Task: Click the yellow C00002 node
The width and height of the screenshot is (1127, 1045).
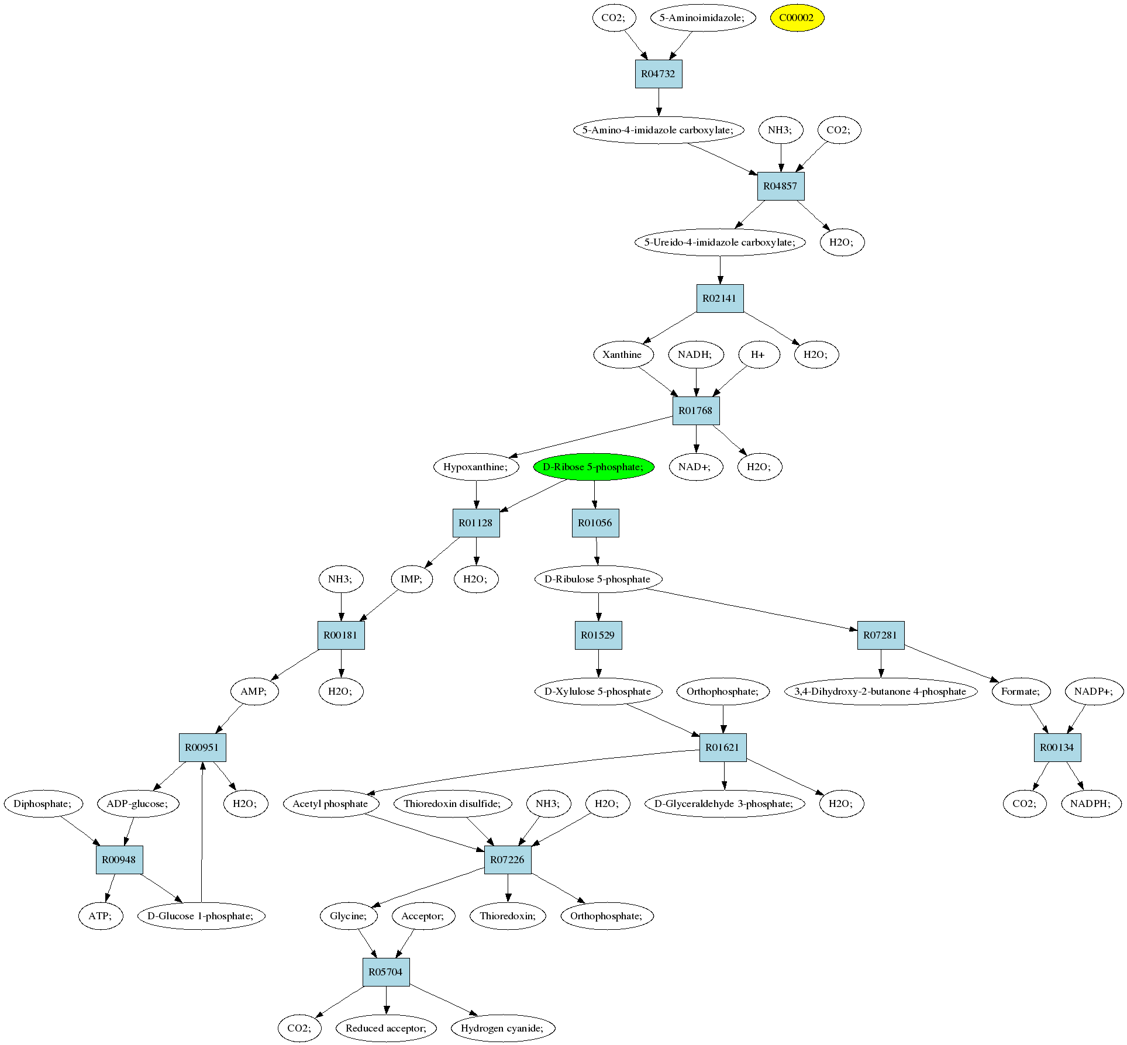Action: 797,18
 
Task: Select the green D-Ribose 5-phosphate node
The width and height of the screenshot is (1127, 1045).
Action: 593,467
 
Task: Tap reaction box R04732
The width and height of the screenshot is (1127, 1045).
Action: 659,74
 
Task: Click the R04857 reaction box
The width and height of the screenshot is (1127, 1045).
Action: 781,186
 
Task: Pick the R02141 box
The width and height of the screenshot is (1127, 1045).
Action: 719,298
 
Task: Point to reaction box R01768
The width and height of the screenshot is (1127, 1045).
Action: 695,411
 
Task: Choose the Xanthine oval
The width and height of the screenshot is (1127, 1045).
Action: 622,354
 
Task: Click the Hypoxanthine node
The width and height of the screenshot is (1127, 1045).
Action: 476,467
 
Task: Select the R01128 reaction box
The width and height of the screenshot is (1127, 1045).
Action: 476,523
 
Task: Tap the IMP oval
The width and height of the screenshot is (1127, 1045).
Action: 411,579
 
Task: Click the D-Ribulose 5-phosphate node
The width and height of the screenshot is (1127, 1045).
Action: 598,579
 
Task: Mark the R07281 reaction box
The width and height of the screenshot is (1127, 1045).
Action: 881,635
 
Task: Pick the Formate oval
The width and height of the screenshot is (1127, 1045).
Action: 1021,691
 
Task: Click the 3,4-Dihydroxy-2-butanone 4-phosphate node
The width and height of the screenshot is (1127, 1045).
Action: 880,691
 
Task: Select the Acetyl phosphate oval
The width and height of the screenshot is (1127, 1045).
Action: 330,803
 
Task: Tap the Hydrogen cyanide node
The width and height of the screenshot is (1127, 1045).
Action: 502,1028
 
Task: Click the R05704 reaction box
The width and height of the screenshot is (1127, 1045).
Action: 385,972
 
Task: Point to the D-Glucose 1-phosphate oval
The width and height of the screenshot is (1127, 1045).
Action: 201,916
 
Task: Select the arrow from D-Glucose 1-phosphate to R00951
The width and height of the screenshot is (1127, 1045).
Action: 202,830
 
